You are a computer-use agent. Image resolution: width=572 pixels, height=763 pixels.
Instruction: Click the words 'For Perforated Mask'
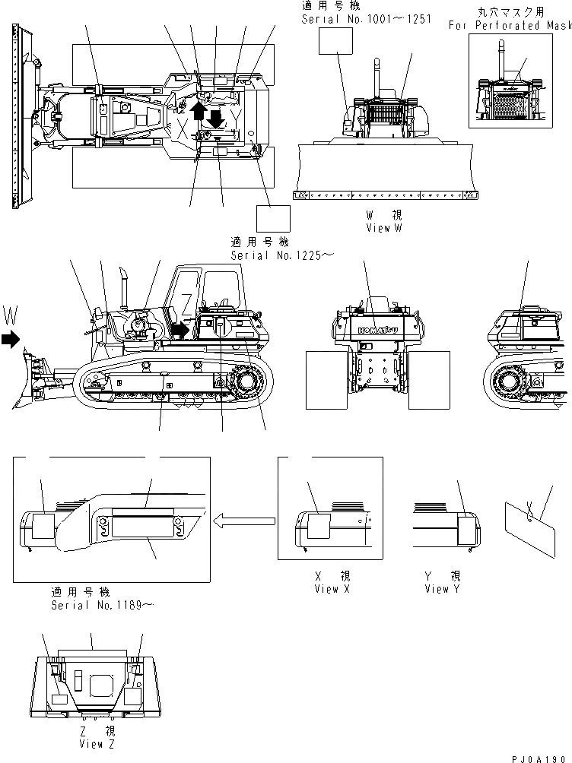pyautogui.click(x=510, y=25)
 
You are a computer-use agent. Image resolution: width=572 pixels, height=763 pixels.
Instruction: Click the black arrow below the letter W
pyautogui.click(x=10, y=340)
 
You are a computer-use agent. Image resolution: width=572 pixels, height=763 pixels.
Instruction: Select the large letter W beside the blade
pyautogui.click(x=10, y=313)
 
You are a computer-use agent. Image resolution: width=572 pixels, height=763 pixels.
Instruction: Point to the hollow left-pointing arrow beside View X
pyautogui.click(x=243, y=521)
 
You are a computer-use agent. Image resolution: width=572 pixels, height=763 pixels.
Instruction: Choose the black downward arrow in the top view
pyautogui.click(x=216, y=119)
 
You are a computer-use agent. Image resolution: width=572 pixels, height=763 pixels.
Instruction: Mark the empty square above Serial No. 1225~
pyautogui.click(x=273, y=219)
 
